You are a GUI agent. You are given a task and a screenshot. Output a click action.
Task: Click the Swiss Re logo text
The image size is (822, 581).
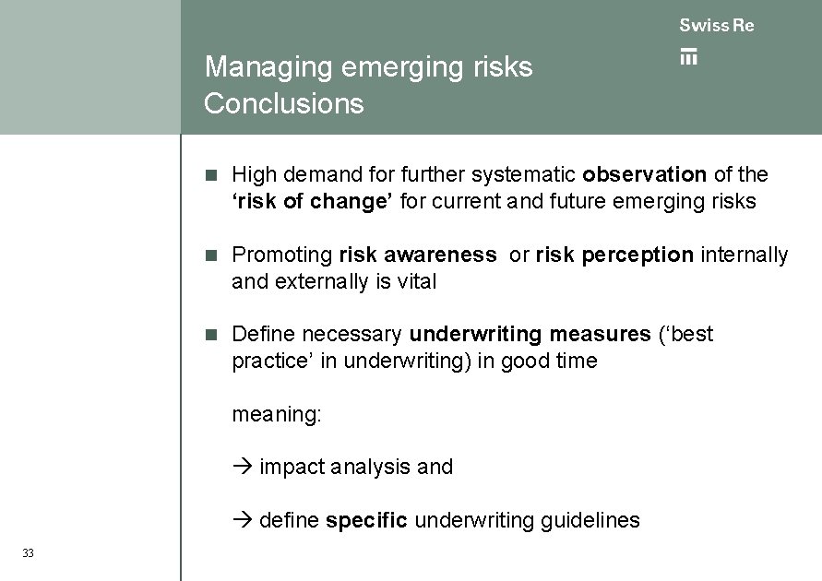coord(717,26)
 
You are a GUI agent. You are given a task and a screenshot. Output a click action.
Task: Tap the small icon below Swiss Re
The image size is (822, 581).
coord(688,56)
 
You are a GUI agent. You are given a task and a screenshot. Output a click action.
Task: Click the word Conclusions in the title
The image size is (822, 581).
coord(284,103)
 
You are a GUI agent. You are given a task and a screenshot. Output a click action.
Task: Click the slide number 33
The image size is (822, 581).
coord(28,553)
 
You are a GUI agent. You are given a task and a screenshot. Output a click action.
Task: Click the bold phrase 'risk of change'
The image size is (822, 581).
coord(313,201)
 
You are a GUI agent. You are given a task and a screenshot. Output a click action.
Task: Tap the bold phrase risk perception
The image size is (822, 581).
coord(614,255)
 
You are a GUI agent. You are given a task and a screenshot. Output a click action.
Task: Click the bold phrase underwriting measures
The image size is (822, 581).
coord(530,334)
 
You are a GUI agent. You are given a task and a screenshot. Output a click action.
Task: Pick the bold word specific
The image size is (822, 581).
coord(366,520)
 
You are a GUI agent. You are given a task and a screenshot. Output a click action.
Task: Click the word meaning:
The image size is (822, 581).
coord(277,415)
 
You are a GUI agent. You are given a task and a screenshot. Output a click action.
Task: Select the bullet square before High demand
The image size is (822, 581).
coord(210,174)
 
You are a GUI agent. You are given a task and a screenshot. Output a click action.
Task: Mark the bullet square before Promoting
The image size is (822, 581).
coord(210,255)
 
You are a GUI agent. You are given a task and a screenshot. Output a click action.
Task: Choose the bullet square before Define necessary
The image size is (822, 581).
coord(210,334)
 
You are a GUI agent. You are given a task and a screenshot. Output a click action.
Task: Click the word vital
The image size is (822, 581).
coord(416,281)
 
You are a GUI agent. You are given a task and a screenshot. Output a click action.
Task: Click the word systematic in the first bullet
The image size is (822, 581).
coord(524,174)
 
